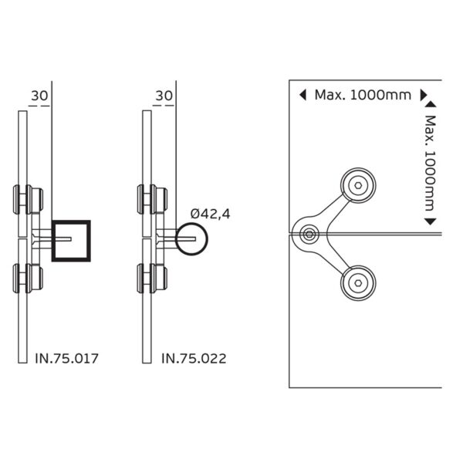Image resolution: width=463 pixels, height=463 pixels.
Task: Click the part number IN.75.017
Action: click(x=69, y=358)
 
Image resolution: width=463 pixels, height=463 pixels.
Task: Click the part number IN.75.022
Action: click(x=194, y=358)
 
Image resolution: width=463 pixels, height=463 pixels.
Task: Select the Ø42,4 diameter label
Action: click(x=211, y=213)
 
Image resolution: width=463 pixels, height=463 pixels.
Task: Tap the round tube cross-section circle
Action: click(x=191, y=239)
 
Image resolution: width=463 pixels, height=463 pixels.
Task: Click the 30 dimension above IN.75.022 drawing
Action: click(x=164, y=96)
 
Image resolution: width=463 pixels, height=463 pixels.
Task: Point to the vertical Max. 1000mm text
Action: click(x=431, y=164)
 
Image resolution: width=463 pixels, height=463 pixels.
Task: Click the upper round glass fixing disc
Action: click(x=359, y=185)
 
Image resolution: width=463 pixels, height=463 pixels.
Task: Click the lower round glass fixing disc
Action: click(x=359, y=283)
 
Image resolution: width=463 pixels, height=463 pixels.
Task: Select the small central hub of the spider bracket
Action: click(x=309, y=233)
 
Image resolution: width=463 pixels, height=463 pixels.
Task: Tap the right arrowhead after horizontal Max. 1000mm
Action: click(x=423, y=95)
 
